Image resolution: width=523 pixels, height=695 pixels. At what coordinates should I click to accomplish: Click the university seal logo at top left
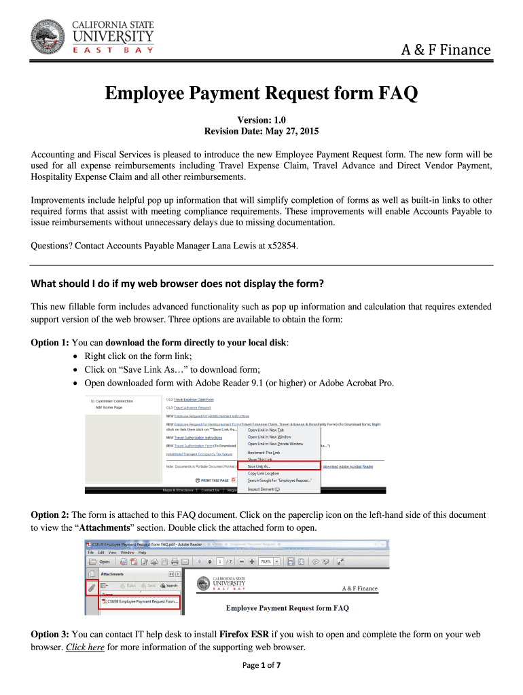(49, 37)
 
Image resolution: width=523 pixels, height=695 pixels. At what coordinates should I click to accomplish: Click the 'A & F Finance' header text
(446, 50)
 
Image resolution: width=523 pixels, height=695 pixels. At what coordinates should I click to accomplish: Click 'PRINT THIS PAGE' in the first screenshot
(206, 479)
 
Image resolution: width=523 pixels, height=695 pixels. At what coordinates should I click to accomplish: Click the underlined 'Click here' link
(85, 647)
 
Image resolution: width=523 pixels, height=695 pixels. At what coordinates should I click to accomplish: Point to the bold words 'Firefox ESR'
(245, 634)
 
